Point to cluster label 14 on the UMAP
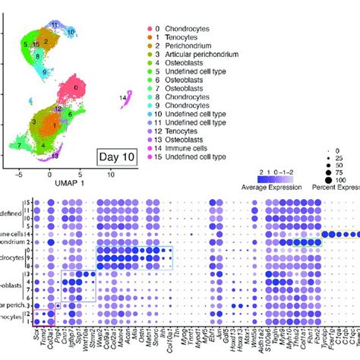pos(123,97)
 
